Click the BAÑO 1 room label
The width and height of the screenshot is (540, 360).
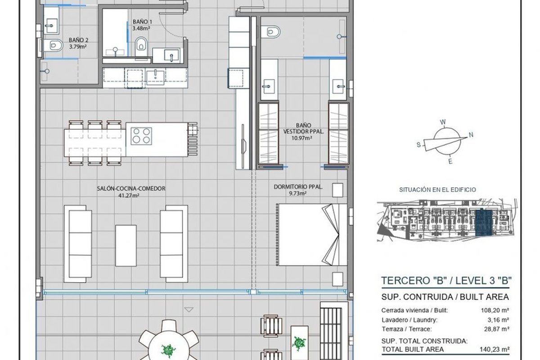(x=142, y=22)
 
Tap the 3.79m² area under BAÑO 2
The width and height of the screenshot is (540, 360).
(x=78, y=46)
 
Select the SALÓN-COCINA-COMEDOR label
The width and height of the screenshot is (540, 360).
(x=131, y=189)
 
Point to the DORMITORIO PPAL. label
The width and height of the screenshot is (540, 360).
(x=298, y=187)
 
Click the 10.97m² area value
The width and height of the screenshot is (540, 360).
(x=301, y=138)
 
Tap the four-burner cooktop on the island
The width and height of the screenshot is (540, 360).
(x=141, y=136)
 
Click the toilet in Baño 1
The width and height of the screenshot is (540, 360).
(x=141, y=46)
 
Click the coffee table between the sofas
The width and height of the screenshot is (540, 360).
(x=126, y=246)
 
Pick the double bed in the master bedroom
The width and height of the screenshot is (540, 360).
(x=312, y=235)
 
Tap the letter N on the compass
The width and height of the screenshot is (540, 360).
(x=471, y=135)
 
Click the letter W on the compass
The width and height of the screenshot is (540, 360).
(x=443, y=122)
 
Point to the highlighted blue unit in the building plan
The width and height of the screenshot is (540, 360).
(x=484, y=223)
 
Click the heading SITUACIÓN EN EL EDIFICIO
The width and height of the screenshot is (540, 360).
(x=437, y=190)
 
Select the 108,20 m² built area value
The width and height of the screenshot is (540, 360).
(x=495, y=310)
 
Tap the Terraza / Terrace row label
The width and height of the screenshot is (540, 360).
(x=407, y=329)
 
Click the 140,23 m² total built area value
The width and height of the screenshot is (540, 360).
(x=495, y=349)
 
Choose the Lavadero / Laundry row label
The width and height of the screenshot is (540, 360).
(x=409, y=320)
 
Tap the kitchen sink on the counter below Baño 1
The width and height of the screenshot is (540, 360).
(x=156, y=76)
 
